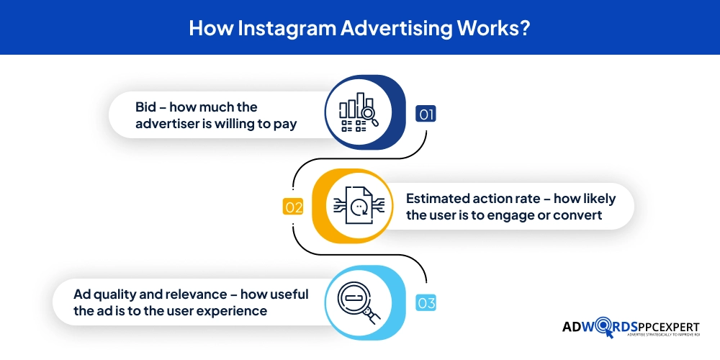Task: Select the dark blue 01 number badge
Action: pyautogui.click(x=426, y=114)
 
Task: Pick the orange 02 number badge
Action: pyautogui.click(x=294, y=207)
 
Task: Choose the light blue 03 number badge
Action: pyautogui.click(x=426, y=303)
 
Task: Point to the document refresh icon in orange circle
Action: pyautogui.click(x=359, y=204)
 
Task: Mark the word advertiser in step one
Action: pyautogui.click(x=167, y=124)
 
